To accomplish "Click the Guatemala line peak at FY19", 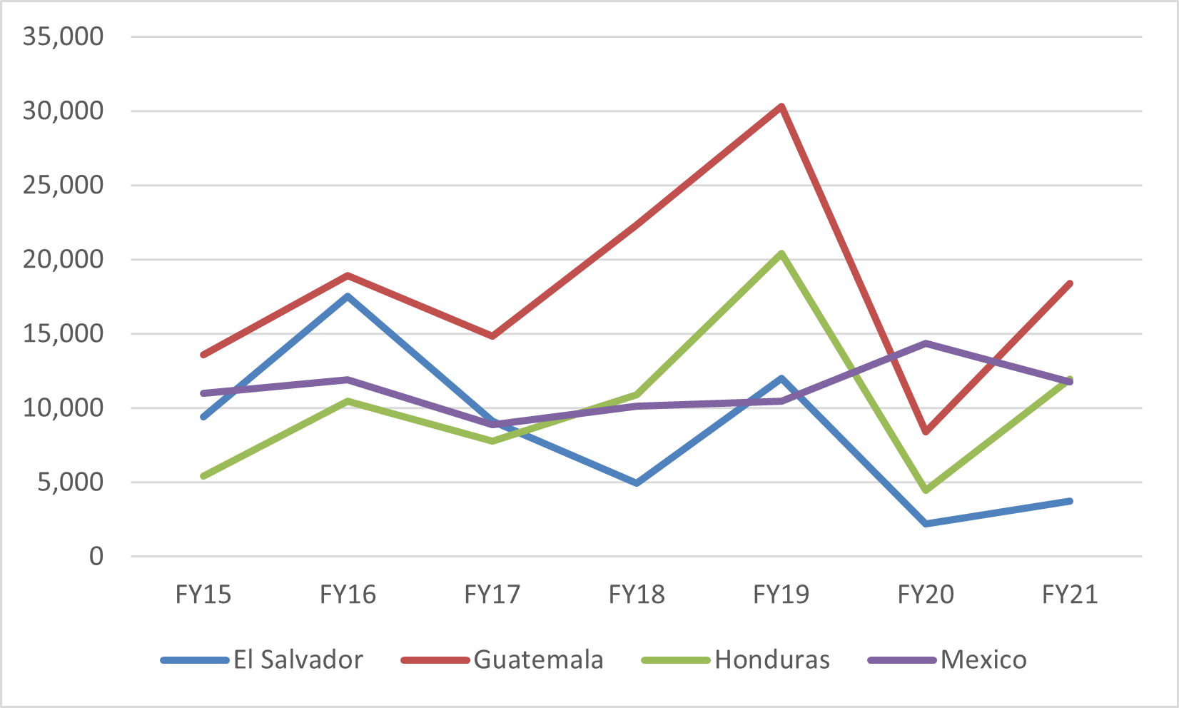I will pyautogui.click(x=782, y=107).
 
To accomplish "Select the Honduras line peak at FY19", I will pyautogui.click(x=782, y=253).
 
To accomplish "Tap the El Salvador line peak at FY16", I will pyautogui.click(x=348, y=296).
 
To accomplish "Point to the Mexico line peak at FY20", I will pyautogui.click(x=926, y=343).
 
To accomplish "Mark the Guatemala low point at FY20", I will pyautogui.click(x=926, y=432).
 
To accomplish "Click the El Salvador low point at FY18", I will pyautogui.click(x=637, y=483).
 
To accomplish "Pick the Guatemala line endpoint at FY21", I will pyautogui.click(x=1070, y=284).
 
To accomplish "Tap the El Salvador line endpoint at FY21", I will pyautogui.click(x=1070, y=501).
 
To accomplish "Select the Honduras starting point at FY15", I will pyautogui.click(x=204, y=476).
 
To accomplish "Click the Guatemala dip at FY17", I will pyautogui.click(x=492, y=335).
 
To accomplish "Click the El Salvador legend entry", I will pyautogui.click(x=262, y=659).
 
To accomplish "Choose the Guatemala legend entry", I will pyautogui.click(x=502, y=659).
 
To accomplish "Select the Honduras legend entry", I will pyautogui.click(x=736, y=659).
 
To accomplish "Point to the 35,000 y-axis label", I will pyautogui.click(x=63, y=36).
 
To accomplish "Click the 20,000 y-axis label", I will pyautogui.click(x=63, y=260).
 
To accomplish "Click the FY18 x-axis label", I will pyautogui.click(x=637, y=595).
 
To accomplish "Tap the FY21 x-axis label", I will pyautogui.click(x=1070, y=595).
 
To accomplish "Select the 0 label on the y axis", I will pyautogui.click(x=96, y=557).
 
